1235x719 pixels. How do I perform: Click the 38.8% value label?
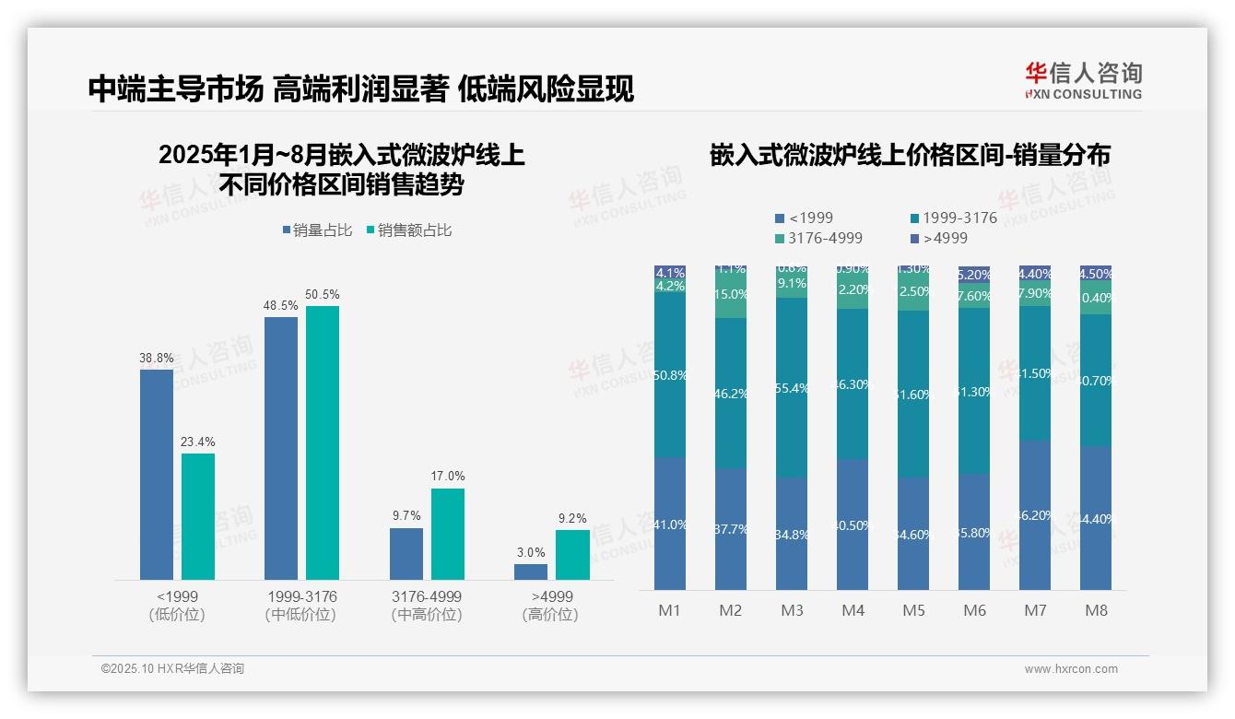pyautogui.click(x=156, y=358)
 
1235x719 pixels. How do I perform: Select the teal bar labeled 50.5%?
pyautogui.click(x=323, y=442)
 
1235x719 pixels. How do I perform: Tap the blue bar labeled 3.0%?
pyautogui.click(x=531, y=572)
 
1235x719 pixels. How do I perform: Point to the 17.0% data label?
pyautogui.click(x=448, y=477)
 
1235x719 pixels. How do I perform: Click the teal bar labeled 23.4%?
pyautogui.click(x=198, y=515)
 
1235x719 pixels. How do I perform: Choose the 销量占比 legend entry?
pyautogui.click(x=317, y=230)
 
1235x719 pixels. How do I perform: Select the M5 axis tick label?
pyautogui.click(x=913, y=611)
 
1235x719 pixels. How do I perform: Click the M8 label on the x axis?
pyautogui.click(x=1096, y=611)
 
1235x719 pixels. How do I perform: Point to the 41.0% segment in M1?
pyautogui.click(x=670, y=524)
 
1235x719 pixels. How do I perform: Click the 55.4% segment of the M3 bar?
pyautogui.click(x=792, y=387)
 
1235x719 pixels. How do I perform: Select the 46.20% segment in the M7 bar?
pyautogui.click(x=1035, y=514)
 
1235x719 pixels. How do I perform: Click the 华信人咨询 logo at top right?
pyautogui.click(x=1083, y=80)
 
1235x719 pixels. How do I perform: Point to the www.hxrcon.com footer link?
pyautogui.click(x=1071, y=669)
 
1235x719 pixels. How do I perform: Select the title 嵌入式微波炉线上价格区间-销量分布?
pyautogui.click(x=910, y=155)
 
